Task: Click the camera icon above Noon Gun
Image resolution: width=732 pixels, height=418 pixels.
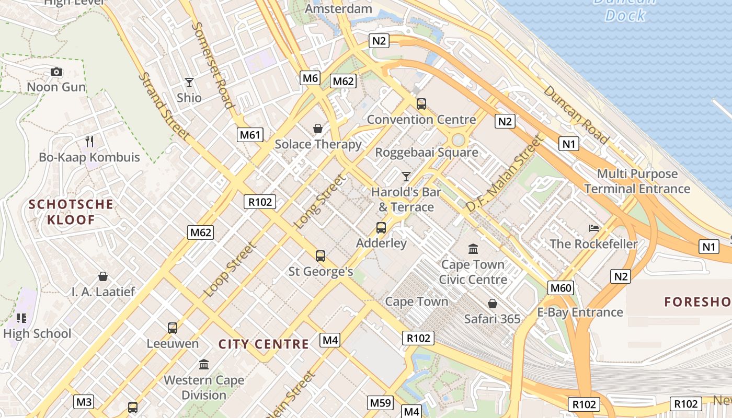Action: [x=56, y=72]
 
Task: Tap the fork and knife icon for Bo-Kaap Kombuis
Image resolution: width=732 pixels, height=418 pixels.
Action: [x=89, y=141]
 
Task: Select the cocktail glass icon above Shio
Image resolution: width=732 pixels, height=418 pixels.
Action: [x=189, y=83]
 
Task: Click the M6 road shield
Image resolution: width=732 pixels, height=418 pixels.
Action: [x=310, y=78]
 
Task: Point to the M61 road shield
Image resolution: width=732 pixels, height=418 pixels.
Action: [x=250, y=135]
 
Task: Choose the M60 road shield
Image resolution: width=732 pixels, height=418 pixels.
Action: [x=561, y=287]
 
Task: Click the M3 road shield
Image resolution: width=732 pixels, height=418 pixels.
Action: [x=84, y=402]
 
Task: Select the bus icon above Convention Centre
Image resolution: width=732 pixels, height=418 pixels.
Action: [x=421, y=104]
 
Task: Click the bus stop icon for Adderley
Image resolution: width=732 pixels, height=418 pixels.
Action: [x=381, y=228]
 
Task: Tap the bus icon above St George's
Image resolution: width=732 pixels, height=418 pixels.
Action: [x=321, y=256]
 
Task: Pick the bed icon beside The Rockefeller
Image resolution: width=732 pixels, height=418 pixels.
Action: [x=594, y=228]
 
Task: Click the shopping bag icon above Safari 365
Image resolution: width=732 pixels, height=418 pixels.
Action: [x=492, y=304]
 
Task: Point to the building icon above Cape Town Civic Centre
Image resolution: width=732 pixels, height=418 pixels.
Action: [x=473, y=249]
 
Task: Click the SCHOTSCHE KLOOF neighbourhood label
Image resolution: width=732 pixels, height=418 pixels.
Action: [x=71, y=212]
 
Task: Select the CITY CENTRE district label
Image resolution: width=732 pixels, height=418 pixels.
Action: [x=264, y=344]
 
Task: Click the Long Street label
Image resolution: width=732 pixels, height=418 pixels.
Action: [x=320, y=202]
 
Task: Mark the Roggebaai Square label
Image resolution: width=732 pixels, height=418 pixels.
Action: [x=427, y=153]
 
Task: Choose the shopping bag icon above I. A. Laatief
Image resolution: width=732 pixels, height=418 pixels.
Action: [x=103, y=276]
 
